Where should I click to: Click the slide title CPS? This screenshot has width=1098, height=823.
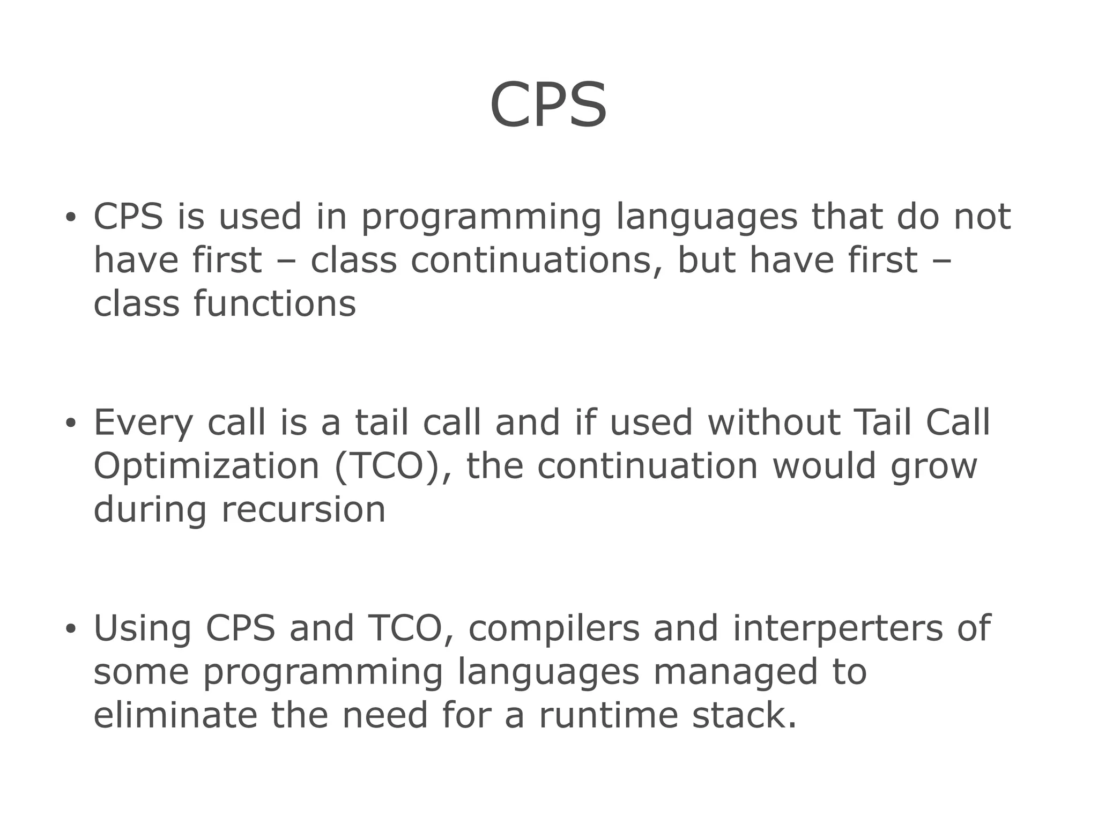548,105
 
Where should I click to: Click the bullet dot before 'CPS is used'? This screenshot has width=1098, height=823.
70,218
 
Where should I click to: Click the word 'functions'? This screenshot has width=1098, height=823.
274,304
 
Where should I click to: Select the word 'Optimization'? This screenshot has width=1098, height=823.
206,466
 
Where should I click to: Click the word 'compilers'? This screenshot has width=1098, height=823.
554,629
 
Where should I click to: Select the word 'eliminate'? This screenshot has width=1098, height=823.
175,715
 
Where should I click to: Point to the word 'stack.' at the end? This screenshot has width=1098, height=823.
744,715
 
